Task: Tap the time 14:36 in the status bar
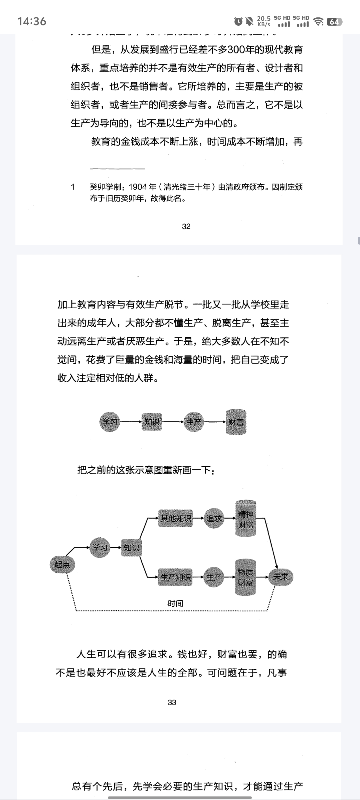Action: pyautogui.click(x=32, y=21)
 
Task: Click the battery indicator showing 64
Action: pyautogui.click(x=334, y=22)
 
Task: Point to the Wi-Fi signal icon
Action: pyautogui.click(x=318, y=21)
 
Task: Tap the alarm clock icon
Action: pyautogui.click(x=238, y=21)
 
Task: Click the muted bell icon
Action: pyautogui.click(x=249, y=21)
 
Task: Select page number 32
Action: pyautogui.click(x=186, y=226)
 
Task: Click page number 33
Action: pyautogui.click(x=172, y=703)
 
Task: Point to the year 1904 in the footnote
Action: pyautogui.click(x=138, y=187)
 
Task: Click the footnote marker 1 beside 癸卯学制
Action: pyautogui.click(x=73, y=187)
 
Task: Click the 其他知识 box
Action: pyautogui.click(x=175, y=518)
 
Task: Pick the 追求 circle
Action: pyautogui.click(x=214, y=518)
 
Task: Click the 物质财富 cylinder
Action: pyautogui.click(x=245, y=577)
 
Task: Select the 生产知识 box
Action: pyautogui.click(x=175, y=577)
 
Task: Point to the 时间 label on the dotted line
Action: pyautogui.click(x=175, y=603)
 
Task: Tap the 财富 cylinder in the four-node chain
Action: pyautogui.click(x=236, y=422)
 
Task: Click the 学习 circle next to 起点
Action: pyautogui.click(x=100, y=547)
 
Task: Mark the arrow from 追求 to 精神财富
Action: pyautogui.click(x=229, y=518)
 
